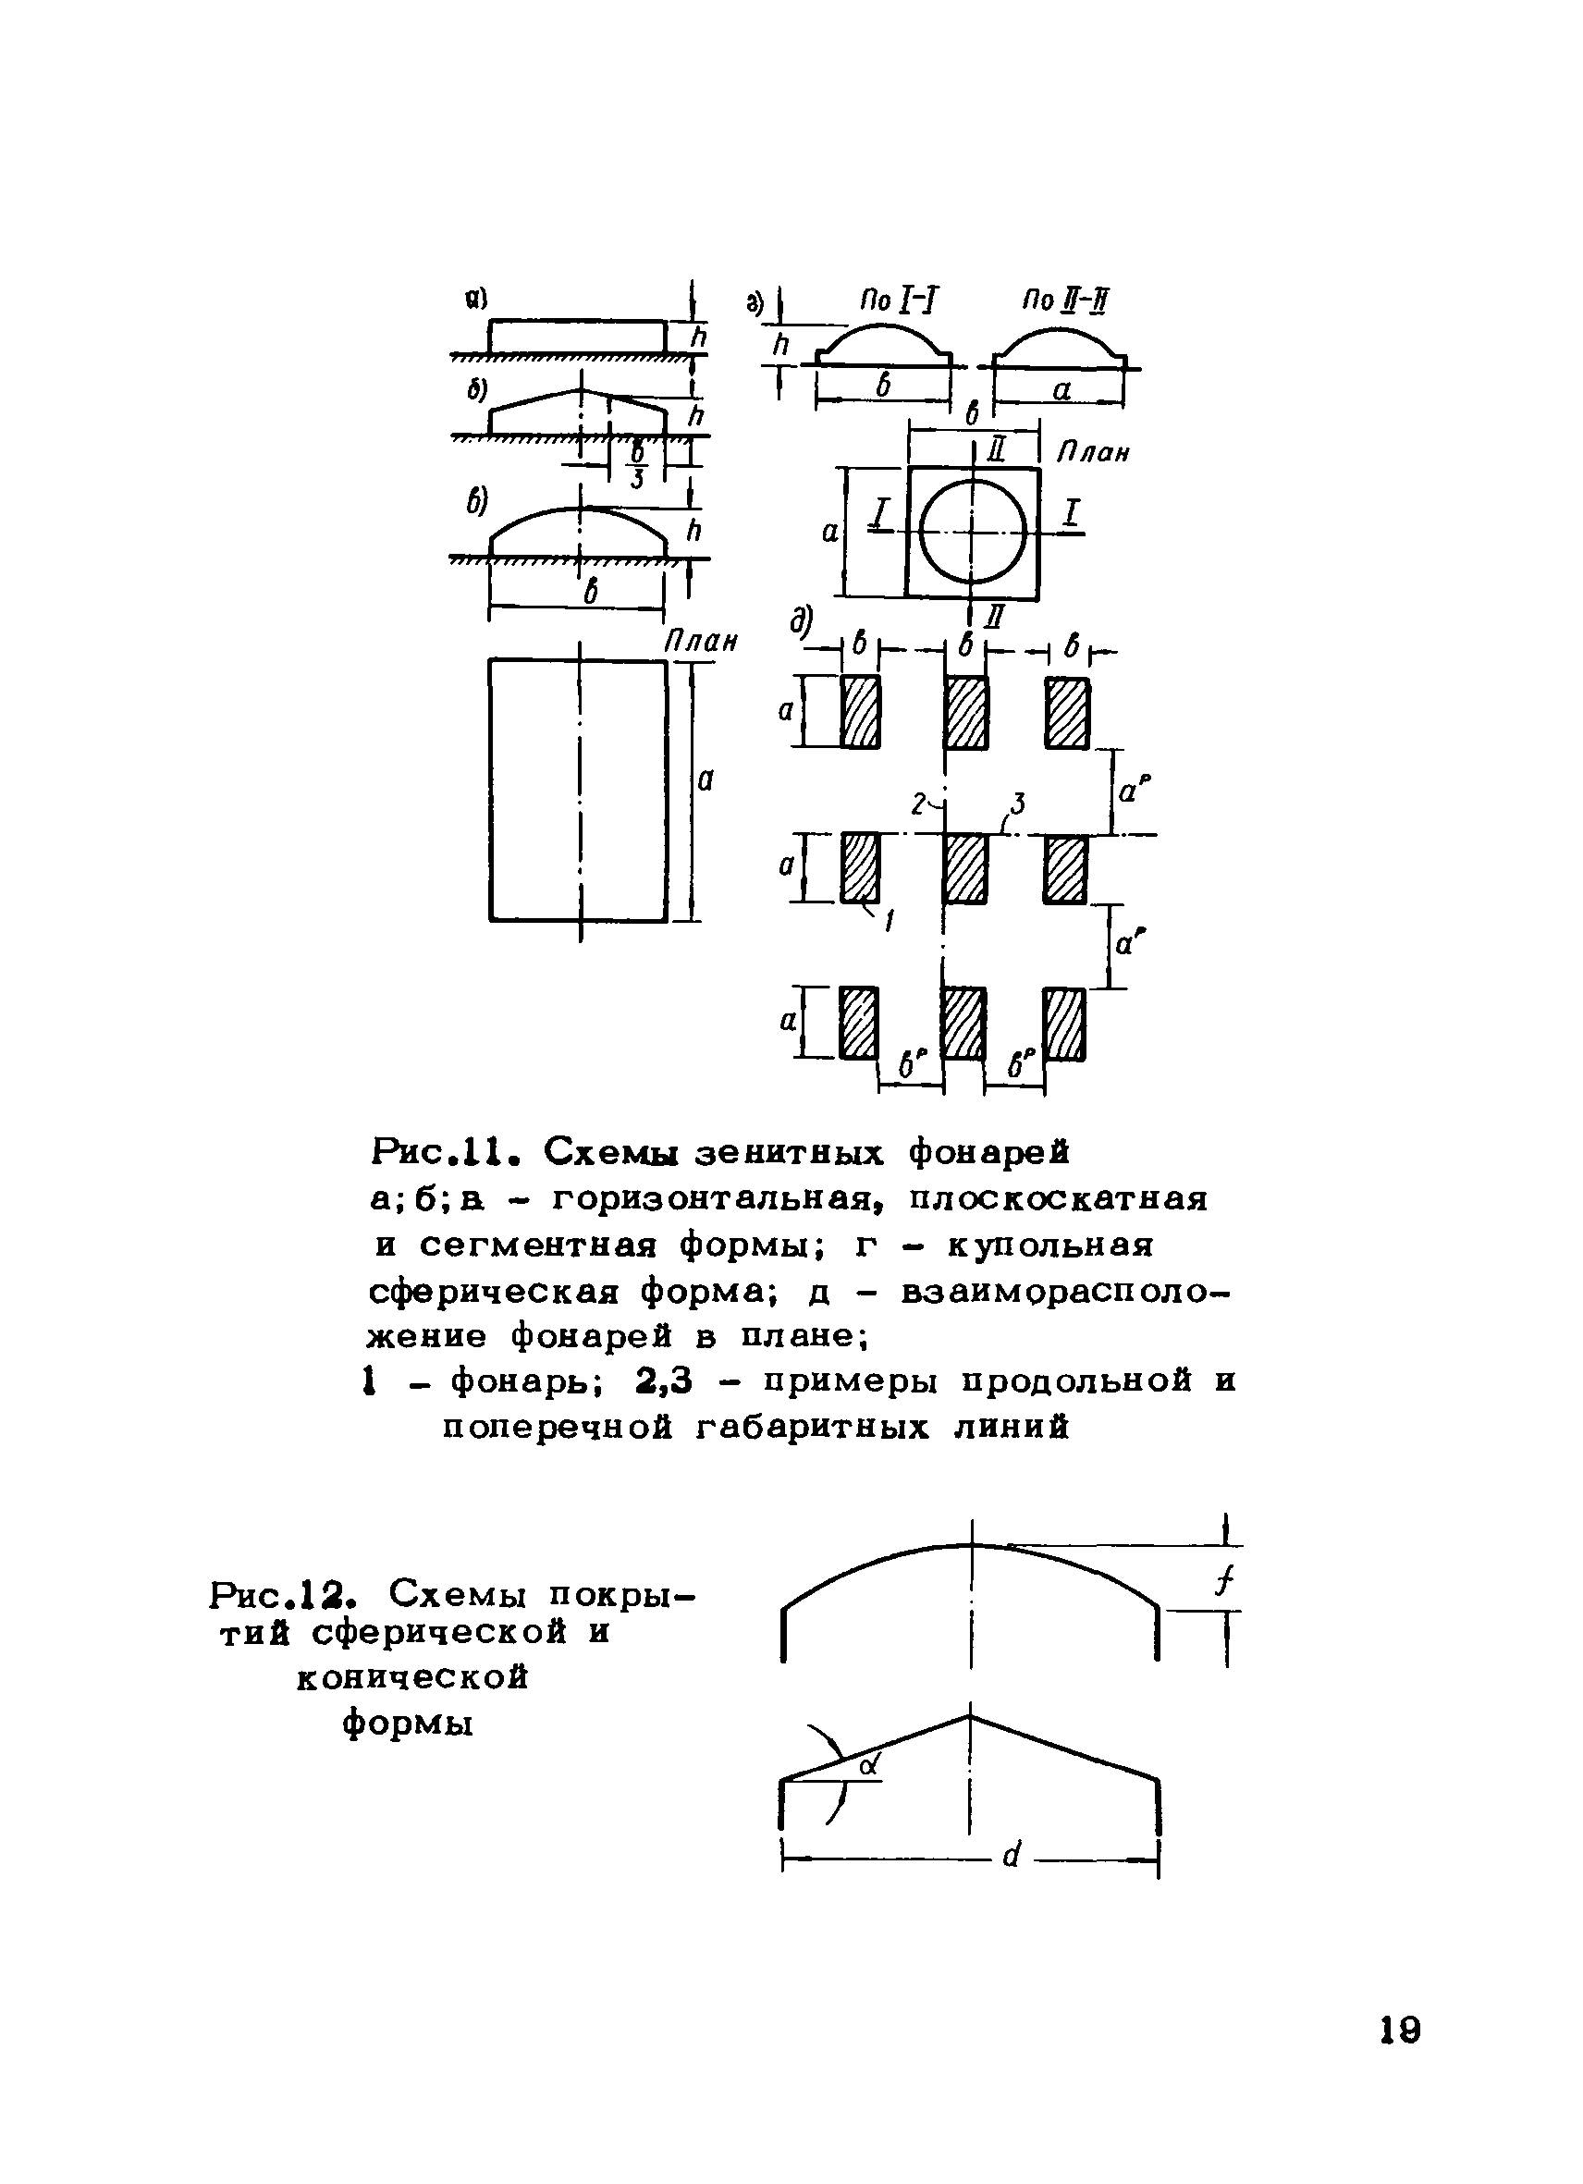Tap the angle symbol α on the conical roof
[x=870, y=1764]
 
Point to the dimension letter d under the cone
[x=1011, y=1854]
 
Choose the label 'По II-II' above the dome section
[x=1064, y=302]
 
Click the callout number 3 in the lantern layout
[x=1018, y=804]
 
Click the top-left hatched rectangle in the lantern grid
[x=860, y=712]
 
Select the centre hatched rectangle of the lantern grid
[x=965, y=868]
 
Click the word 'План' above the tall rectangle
[x=701, y=642]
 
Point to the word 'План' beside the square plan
[x=1093, y=451]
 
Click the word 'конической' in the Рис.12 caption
[x=412, y=1678]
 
